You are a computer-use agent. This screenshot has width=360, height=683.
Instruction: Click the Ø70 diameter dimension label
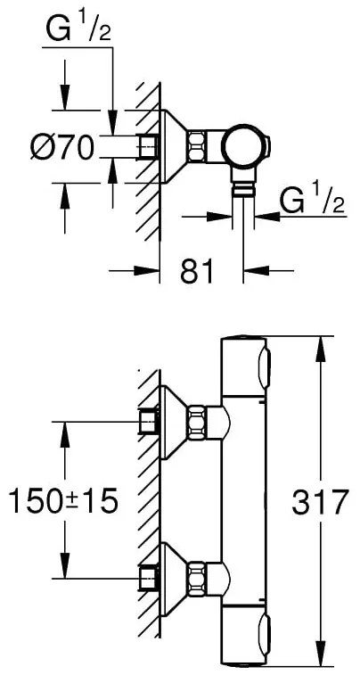click(60, 147)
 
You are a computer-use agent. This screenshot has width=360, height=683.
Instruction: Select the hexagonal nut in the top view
click(208, 144)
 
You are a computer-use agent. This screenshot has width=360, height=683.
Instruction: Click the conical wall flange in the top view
click(177, 145)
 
